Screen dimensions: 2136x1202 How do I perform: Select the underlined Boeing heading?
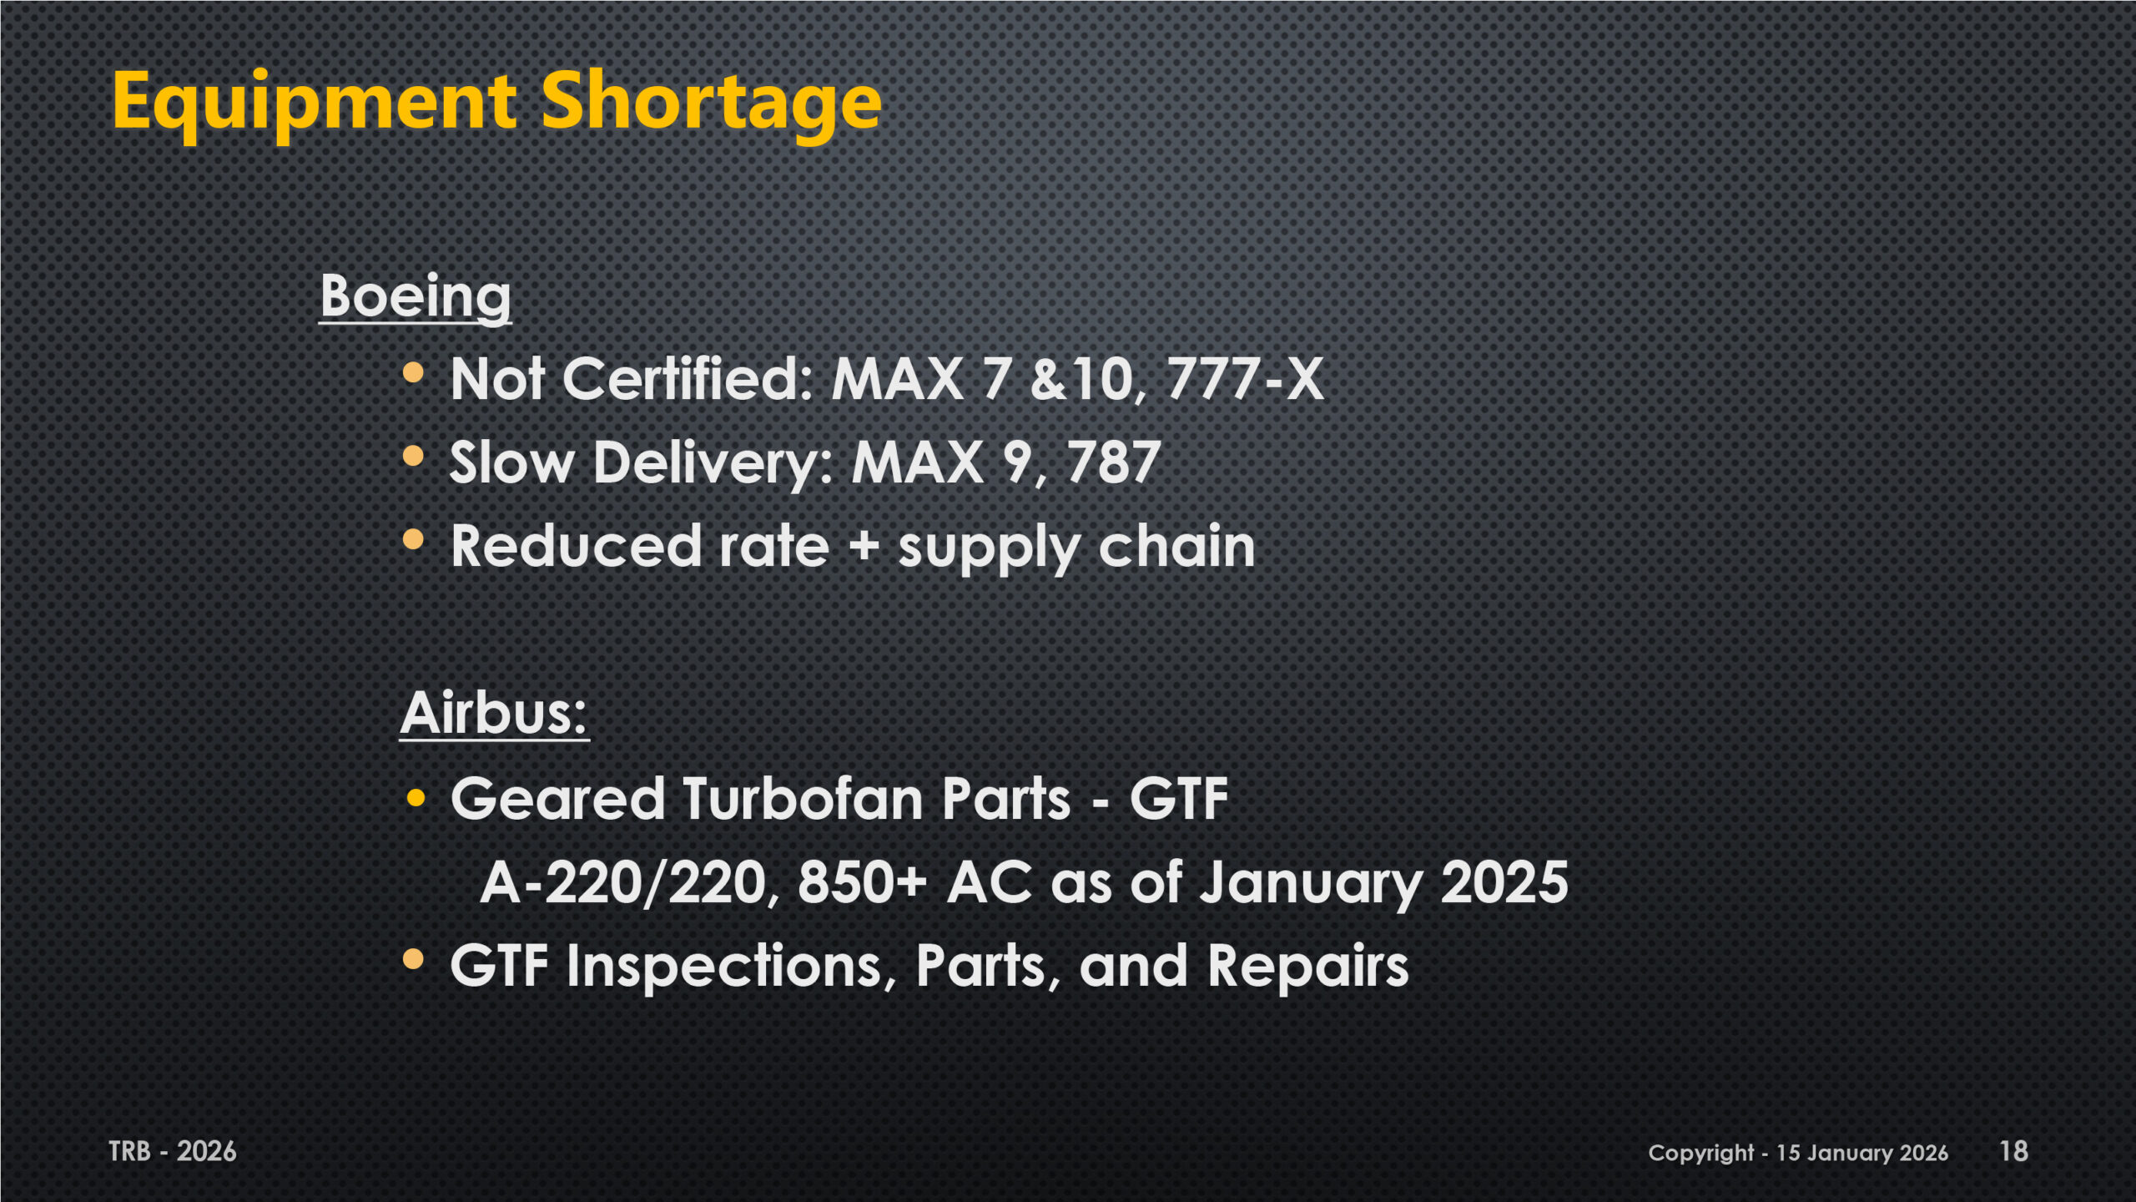coord(416,297)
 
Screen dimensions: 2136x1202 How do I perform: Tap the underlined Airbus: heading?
coord(495,714)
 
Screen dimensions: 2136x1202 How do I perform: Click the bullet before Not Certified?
coord(414,371)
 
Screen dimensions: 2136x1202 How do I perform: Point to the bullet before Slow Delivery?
coord(414,456)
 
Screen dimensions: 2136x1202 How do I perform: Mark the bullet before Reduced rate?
coord(414,539)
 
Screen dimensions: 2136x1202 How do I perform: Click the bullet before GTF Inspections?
coord(414,959)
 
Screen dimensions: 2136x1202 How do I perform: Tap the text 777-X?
coord(1245,379)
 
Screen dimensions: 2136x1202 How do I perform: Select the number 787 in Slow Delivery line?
coord(1114,462)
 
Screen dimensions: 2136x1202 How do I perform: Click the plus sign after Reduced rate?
coord(864,547)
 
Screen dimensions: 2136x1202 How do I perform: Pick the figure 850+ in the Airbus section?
coord(862,882)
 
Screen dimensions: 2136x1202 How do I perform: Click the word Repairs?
coord(1308,966)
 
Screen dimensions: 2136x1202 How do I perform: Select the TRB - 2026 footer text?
coord(173,1152)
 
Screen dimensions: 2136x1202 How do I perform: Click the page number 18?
coord(2013,1151)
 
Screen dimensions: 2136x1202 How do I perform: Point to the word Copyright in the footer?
coord(1701,1154)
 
